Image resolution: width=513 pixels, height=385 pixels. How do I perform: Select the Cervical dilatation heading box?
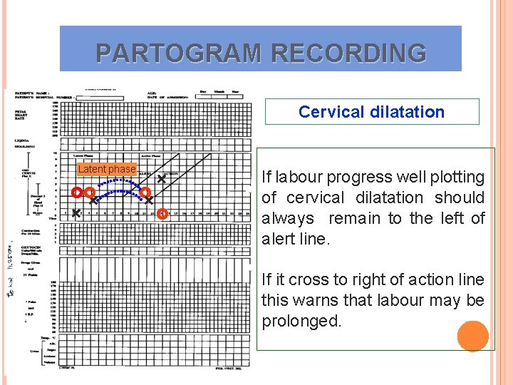(x=371, y=112)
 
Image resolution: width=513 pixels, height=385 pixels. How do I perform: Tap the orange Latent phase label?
(x=107, y=169)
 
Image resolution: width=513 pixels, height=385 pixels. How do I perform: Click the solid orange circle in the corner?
(x=472, y=337)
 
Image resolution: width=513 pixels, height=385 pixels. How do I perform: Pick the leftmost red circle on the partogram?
(x=77, y=192)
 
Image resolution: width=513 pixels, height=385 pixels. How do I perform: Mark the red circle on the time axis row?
(x=163, y=213)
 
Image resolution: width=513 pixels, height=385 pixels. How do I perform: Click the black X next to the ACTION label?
(x=162, y=180)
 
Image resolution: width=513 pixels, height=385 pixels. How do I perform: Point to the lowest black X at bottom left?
(x=76, y=212)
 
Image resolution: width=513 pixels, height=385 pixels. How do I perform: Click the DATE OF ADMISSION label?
(x=171, y=96)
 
